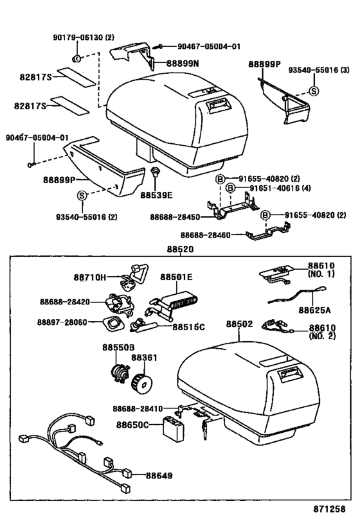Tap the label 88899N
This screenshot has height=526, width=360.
[183, 64]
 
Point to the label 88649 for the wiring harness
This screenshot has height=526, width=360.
[159, 475]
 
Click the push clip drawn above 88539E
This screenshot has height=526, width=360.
[155, 173]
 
